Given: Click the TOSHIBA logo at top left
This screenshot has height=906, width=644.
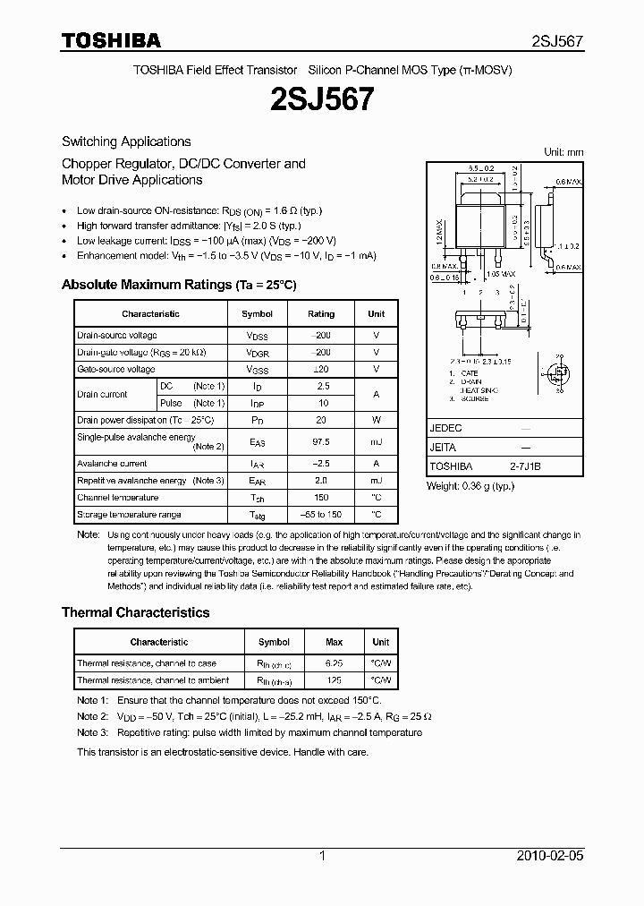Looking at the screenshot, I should (111, 40).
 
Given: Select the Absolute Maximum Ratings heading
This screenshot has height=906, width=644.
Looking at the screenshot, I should (178, 285).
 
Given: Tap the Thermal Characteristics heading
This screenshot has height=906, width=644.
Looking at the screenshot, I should (135, 612).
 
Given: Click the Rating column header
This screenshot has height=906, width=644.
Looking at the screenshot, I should (321, 314).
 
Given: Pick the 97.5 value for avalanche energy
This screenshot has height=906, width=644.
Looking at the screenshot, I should (321, 441).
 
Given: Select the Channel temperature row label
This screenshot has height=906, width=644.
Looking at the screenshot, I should (117, 498).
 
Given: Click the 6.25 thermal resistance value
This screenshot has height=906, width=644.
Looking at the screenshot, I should (334, 663).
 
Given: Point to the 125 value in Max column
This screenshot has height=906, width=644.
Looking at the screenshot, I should (334, 680).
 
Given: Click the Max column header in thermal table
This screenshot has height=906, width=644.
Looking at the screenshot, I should (334, 642).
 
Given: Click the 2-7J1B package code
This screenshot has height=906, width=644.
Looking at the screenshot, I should (526, 466).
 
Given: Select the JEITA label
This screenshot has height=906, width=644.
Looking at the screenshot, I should (443, 447).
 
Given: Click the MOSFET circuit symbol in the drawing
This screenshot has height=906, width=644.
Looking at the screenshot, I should (558, 373).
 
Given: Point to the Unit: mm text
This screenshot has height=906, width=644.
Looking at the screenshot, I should (563, 152).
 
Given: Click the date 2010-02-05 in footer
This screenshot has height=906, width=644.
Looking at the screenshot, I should (551, 856).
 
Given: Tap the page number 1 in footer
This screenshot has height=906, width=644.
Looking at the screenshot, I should (322, 856).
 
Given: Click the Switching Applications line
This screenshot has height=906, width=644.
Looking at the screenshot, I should (126, 141).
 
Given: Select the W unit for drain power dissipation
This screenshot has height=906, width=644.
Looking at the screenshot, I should (377, 419).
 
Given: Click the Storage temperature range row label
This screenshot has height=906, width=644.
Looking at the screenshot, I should (129, 515).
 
